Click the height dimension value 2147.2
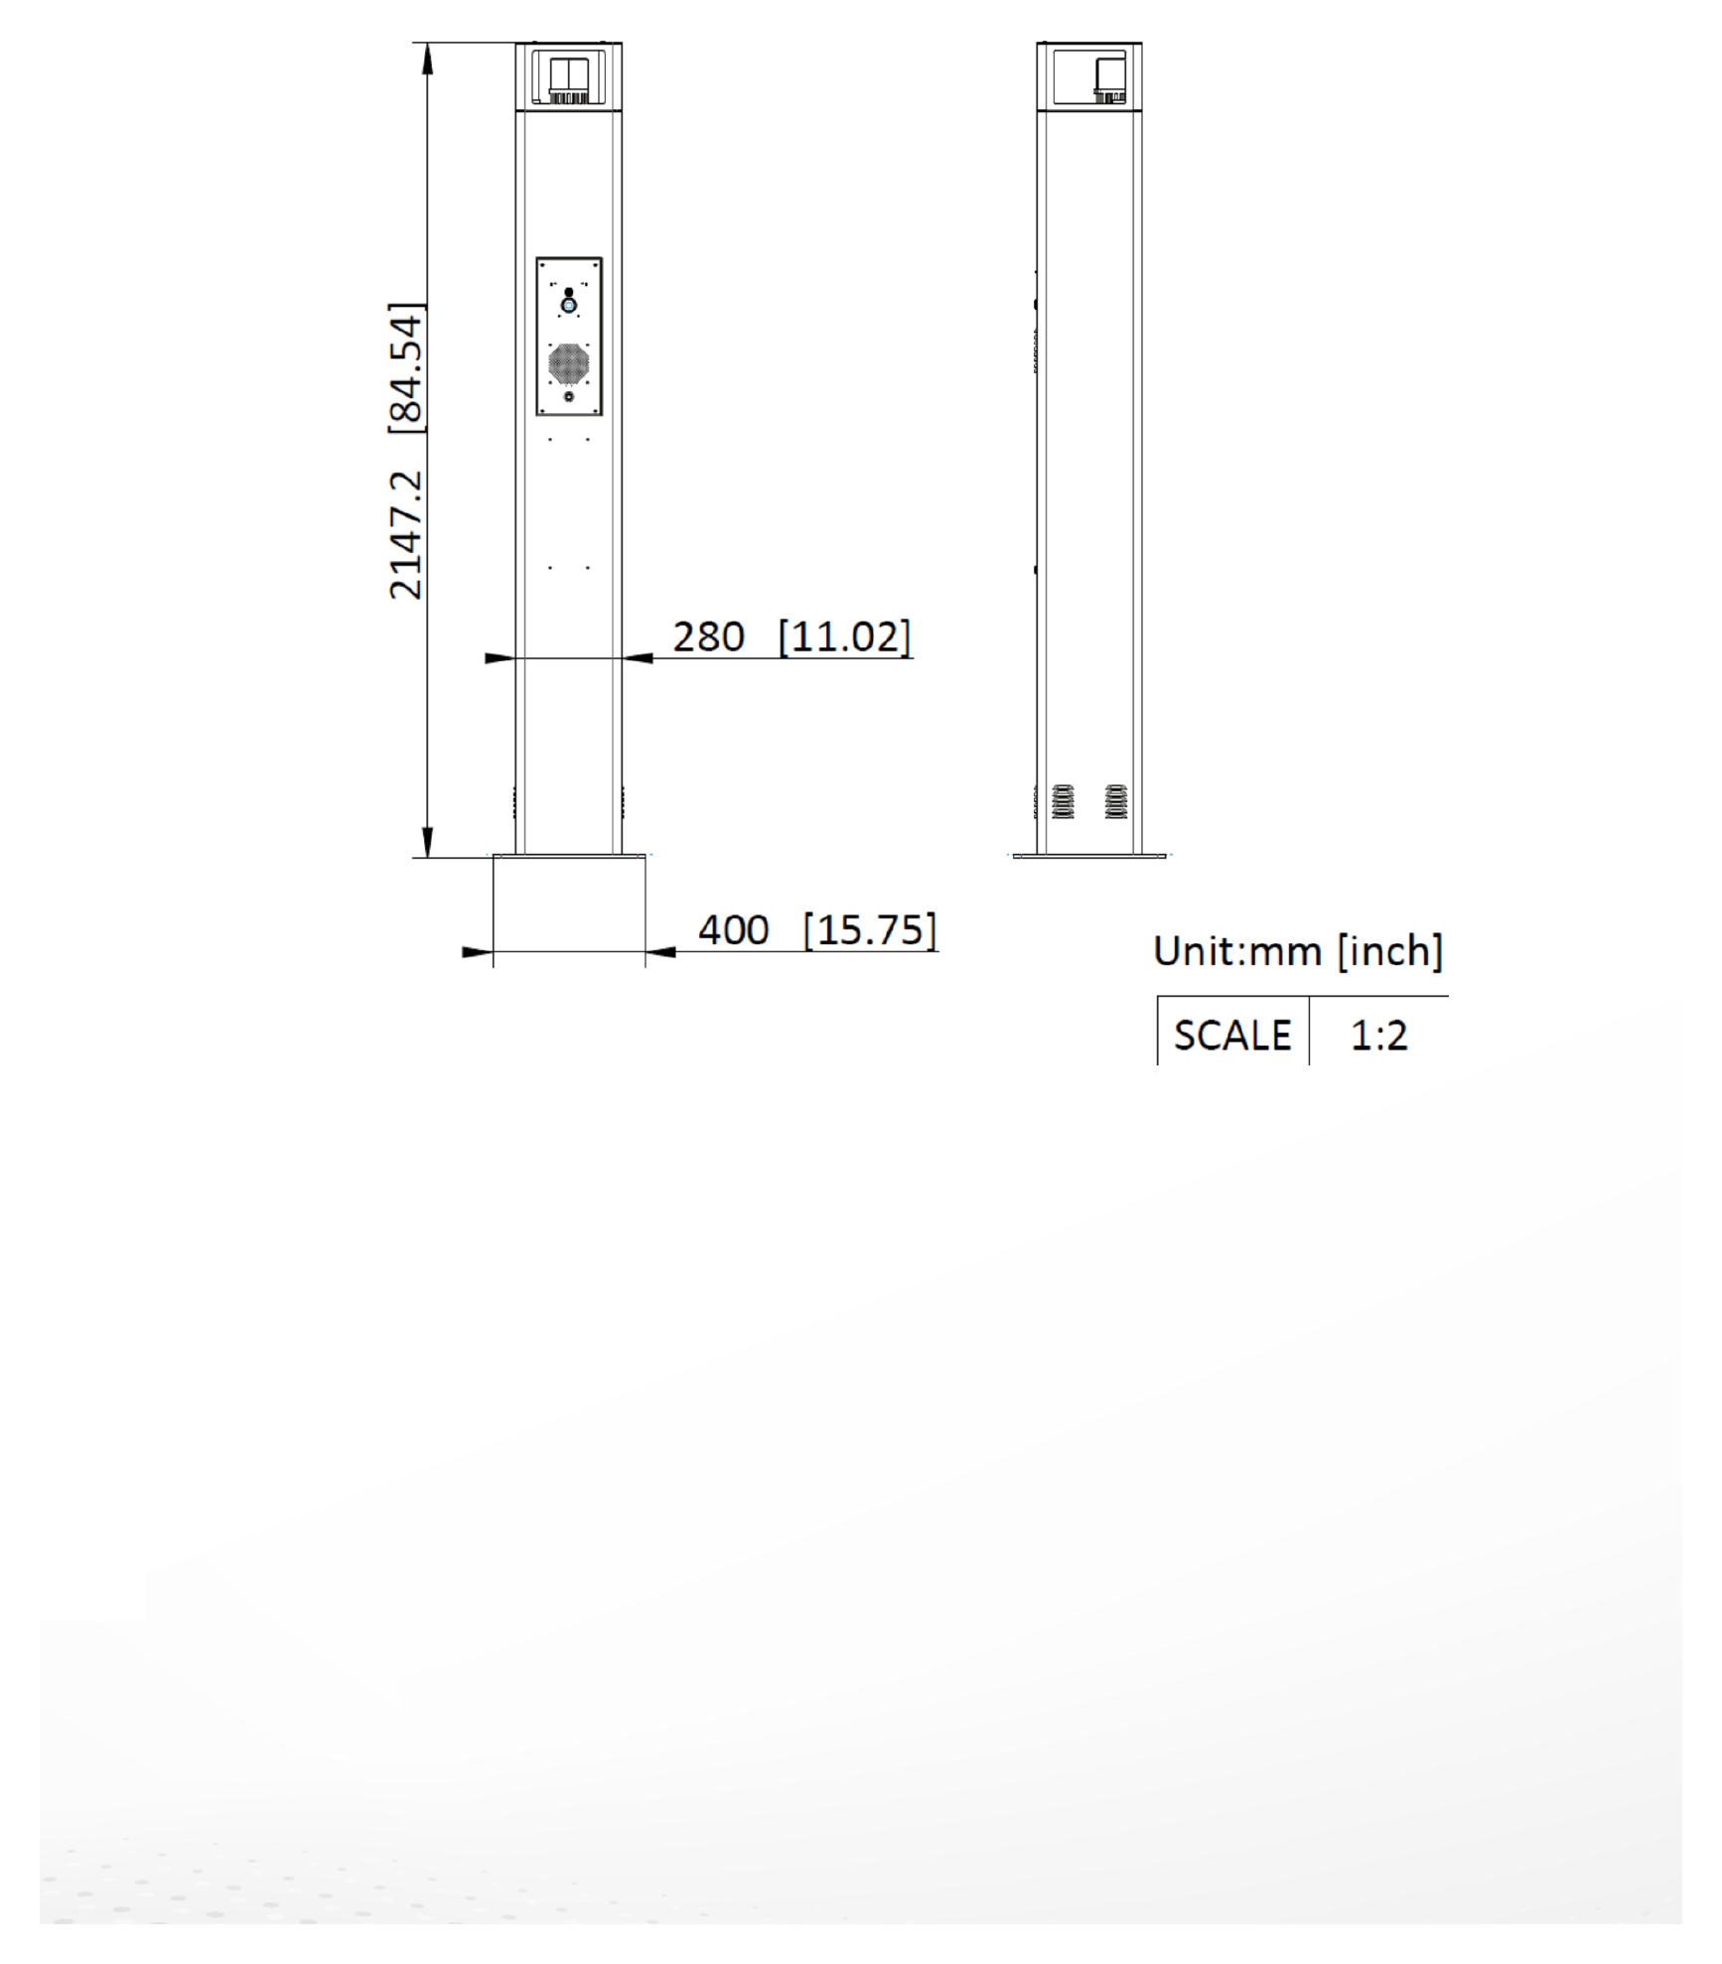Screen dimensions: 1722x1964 (x=406, y=535)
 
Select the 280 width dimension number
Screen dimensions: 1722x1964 (x=709, y=637)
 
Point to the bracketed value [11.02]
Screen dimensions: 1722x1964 (x=844, y=637)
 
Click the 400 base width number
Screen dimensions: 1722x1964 (x=734, y=930)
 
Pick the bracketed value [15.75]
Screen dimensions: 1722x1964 (x=870, y=930)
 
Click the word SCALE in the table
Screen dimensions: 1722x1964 (x=1232, y=1036)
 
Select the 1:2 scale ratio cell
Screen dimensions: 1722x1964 (x=1379, y=1036)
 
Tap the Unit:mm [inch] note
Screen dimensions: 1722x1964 (x=1298, y=951)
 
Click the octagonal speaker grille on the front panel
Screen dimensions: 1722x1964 (x=569, y=364)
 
